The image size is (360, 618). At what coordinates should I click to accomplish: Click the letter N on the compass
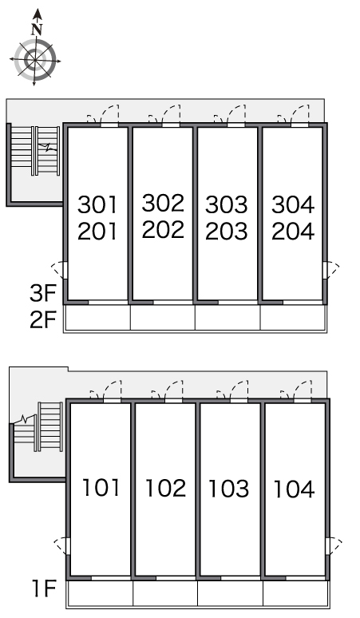click(x=37, y=30)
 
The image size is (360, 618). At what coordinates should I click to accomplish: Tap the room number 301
click(x=97, y=204)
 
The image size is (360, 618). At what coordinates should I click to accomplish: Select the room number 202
click(x=163, y=229)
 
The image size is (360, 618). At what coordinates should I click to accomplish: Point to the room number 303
click(x=227, y=204)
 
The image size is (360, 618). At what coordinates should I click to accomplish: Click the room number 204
click(x=293, y=231)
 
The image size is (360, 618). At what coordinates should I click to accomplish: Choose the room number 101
click(x=101, y=487)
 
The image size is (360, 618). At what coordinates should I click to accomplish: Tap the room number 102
click(x=165, y=488)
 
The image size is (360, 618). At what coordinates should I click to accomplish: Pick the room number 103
click(x=228, y=489)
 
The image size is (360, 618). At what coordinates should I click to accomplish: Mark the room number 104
click(x=294, y=489)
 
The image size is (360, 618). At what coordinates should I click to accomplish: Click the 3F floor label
click(x=43, y=293)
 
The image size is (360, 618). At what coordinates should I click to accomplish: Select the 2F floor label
click(x=43, y=319)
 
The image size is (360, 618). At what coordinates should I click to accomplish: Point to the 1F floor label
click(x=44, y=588)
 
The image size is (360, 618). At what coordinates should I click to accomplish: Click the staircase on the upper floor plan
click(x=35, y=151)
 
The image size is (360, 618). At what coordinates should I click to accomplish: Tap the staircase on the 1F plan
click(x=38, y=427)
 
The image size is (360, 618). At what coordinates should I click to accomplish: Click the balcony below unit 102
click(x=165, y=593)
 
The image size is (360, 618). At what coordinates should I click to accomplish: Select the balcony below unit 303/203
click(x=227, y=317)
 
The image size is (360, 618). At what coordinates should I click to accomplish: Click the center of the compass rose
click(x=35, y=61)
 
